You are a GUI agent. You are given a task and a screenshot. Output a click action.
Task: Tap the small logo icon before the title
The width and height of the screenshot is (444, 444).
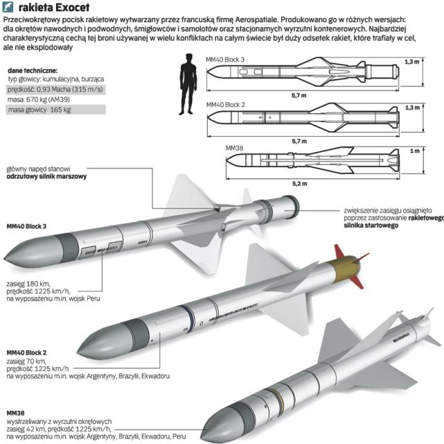pos(10,6)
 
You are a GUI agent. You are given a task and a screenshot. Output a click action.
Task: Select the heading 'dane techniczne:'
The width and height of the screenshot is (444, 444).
pos(31,71)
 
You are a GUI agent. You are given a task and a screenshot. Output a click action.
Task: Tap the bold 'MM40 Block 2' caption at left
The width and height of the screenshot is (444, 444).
pos(27,352)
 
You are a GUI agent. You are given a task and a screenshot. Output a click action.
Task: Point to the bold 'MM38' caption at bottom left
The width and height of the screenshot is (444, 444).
pos(15,412)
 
